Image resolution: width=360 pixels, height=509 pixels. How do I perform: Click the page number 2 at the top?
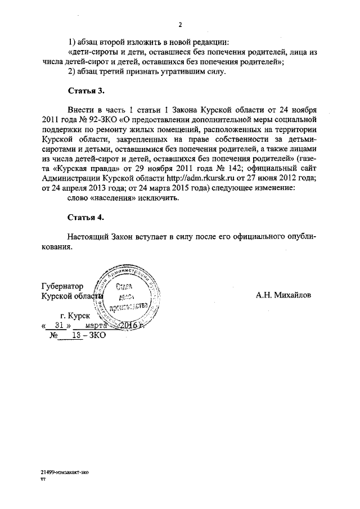[180, 25]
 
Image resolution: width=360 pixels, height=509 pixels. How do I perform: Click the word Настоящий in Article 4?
[86, 237]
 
